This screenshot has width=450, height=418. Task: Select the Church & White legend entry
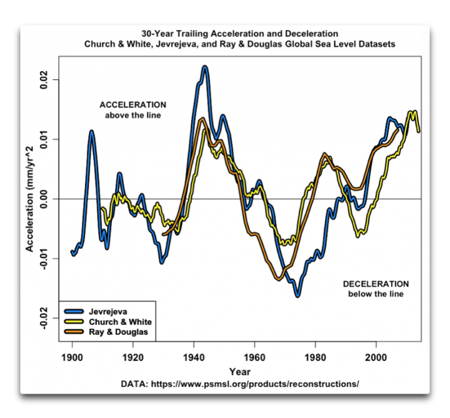[116, 321]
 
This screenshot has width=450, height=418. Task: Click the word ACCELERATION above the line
[132, 104]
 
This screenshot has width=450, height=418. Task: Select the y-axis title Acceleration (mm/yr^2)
[28, 199]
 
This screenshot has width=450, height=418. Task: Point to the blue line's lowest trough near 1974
[297, 295]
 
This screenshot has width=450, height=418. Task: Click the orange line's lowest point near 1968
[279, 279]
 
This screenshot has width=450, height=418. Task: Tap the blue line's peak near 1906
[91, 132]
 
